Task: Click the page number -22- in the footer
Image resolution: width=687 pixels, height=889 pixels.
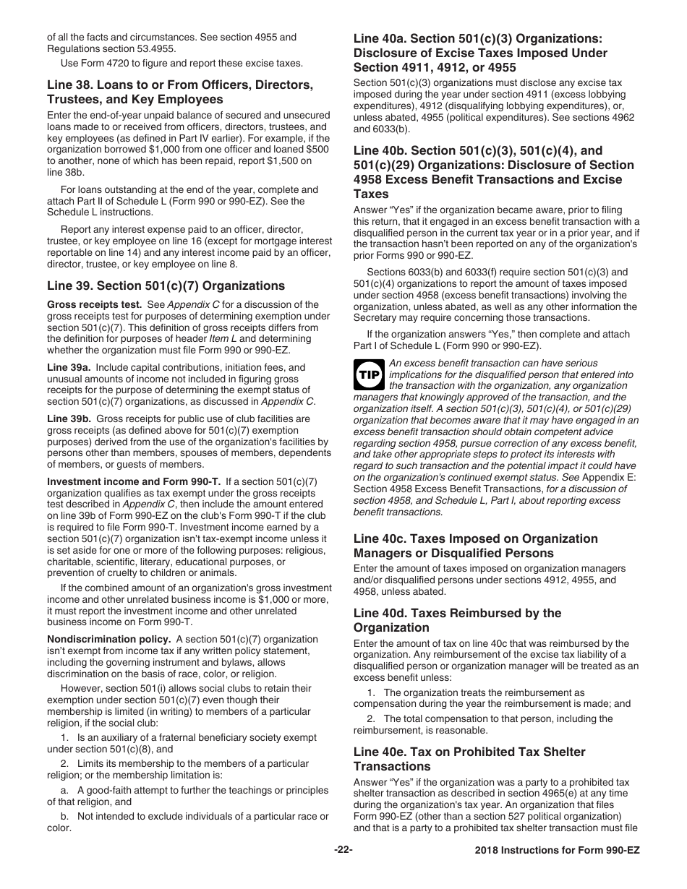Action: click(x=343, y=850)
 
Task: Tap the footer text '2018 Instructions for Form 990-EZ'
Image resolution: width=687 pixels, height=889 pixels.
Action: click(x=552, y=851)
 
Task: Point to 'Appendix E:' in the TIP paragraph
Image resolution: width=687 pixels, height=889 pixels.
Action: click(x=578, y=477)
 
